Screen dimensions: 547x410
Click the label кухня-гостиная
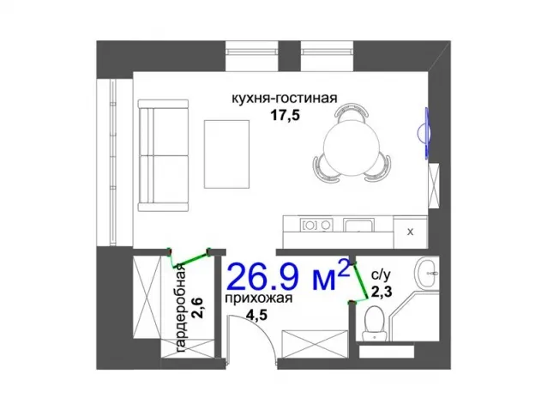(285, 99)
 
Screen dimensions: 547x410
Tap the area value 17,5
(286, 116)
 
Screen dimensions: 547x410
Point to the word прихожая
(259, 298)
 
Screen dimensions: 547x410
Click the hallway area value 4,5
(256, 315)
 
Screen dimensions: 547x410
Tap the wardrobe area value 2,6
(198, 308)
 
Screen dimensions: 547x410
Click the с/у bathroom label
(381, 275)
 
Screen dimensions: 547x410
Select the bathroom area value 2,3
(382, 292)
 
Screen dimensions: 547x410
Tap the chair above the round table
(352, 112)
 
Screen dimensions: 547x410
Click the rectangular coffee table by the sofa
(226, 154)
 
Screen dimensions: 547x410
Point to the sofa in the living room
(163, 155)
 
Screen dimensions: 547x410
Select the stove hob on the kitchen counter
(316, 225)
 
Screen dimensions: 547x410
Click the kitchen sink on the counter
(358, 225)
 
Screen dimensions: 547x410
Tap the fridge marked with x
(410, 232)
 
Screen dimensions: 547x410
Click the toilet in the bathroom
(375, 323)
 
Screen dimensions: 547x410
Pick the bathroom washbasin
(426, 274)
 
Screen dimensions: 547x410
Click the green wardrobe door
(189, 258)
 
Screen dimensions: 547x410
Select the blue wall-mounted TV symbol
(424, 133)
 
